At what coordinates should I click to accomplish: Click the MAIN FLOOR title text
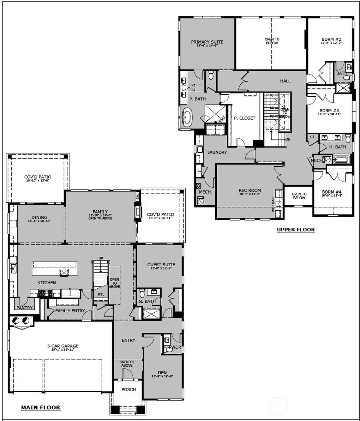(40, 408)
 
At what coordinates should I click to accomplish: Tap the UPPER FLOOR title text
(296, 229)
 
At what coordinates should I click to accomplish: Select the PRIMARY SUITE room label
(207, 42)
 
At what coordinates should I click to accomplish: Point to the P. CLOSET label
(244, 118)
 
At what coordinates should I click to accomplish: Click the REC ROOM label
(250, 190)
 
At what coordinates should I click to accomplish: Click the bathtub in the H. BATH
(341, 160)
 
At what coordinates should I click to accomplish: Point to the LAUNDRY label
(217, 152)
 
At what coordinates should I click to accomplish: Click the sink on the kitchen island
(64, 272)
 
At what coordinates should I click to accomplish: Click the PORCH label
(128, 389)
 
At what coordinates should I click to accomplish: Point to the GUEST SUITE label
(161, 265)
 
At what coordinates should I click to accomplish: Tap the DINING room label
(39, 217)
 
